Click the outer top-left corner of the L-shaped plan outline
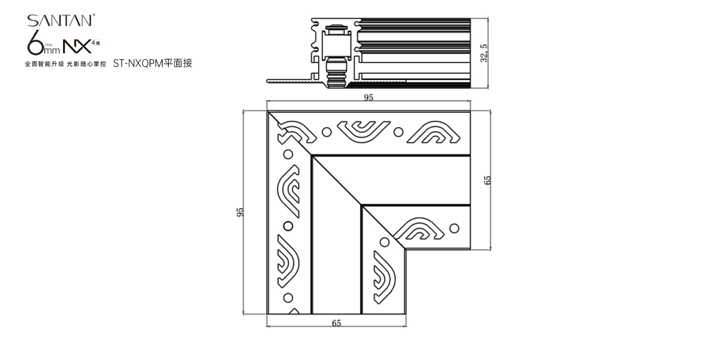(x=267, y=112)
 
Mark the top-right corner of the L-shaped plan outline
(x=470, y=112)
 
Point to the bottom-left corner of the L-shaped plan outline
(x=267, y=314)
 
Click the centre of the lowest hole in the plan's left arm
(x=288, y=298)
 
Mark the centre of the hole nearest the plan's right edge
(x=454, y=228)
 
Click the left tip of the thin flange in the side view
(x=267, y=81)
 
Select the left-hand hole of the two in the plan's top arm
(x=327, y=132)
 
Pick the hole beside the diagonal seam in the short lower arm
(x=384, y=242)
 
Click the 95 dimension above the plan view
(x=369, y=97)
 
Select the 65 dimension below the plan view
(x=336, y=323)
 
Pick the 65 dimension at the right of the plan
(x=487, y=180)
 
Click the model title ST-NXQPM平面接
(x=153, y=63)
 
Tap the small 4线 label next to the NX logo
(x=96, y=43)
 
